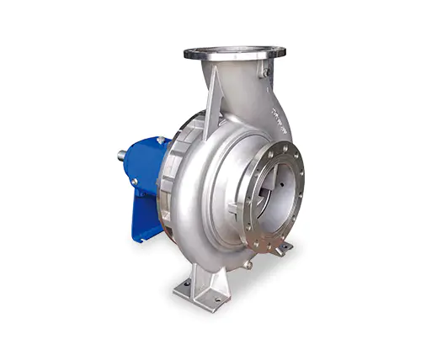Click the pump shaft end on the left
[123, 155]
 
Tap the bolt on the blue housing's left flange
[134, 181]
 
